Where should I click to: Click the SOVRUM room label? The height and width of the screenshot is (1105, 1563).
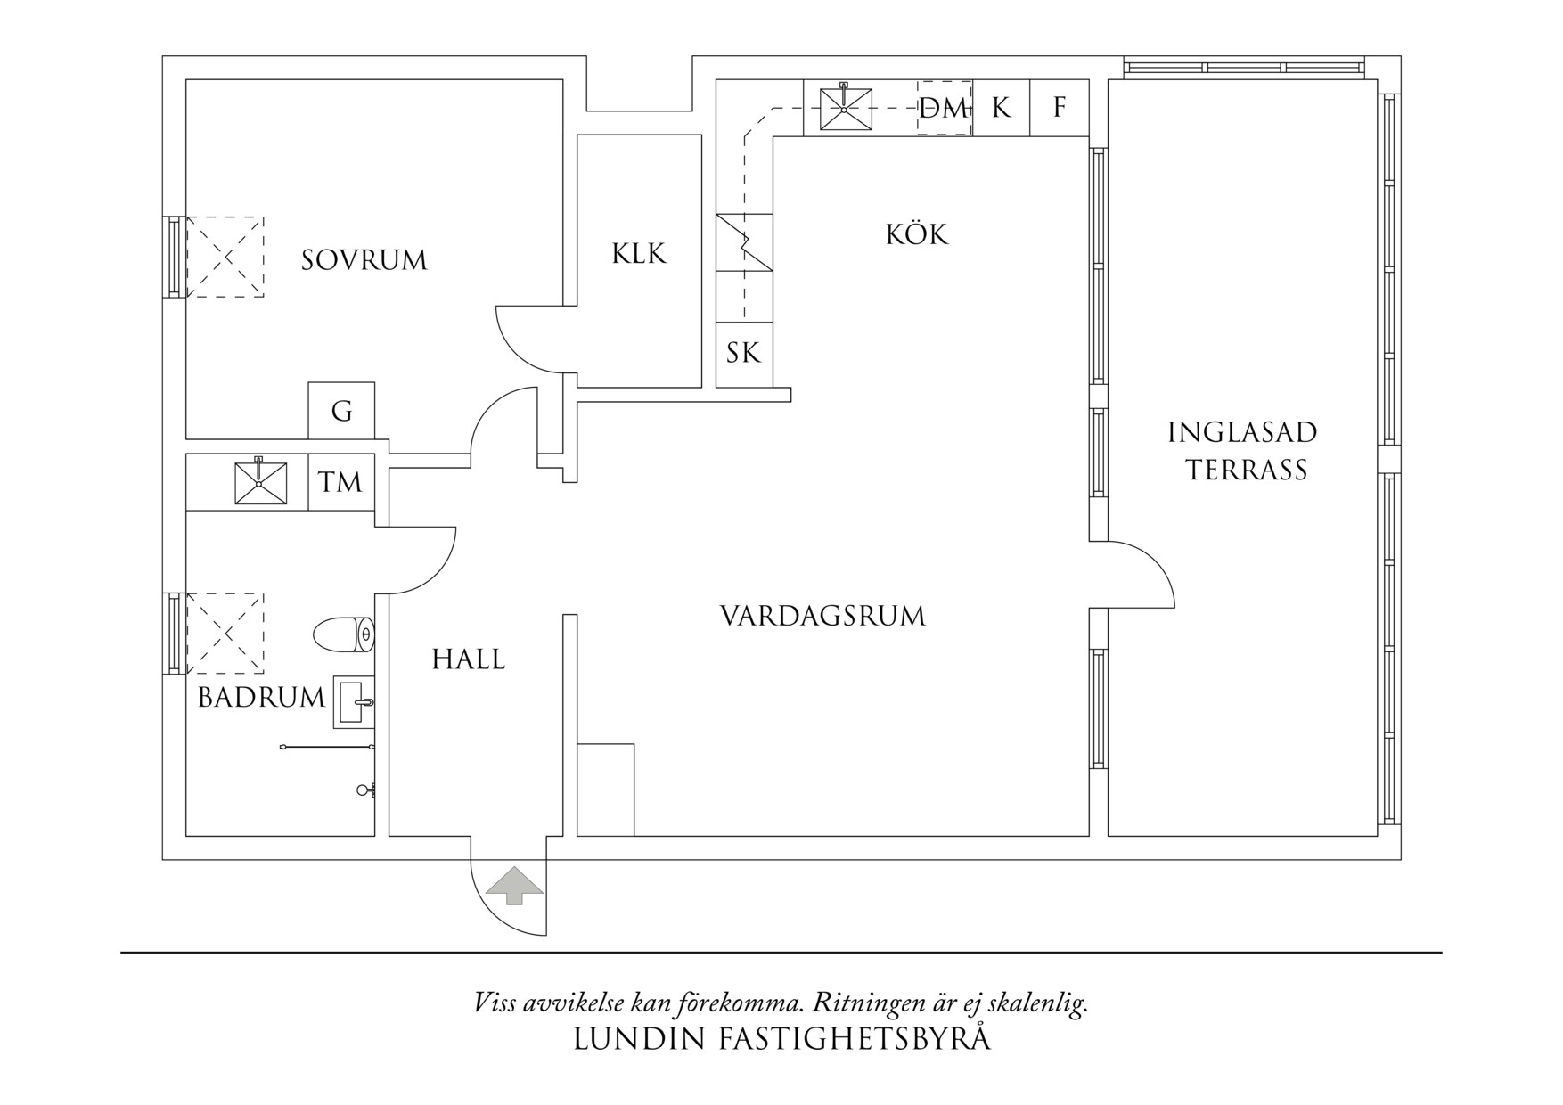[x=364, y=260]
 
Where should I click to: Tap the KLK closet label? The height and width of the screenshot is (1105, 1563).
[x=639, y=254]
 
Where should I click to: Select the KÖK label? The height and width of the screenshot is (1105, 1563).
[x=917, y=234]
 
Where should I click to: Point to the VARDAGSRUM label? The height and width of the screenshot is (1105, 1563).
[x=822, y=616]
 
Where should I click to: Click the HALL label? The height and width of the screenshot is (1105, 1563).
[x=468, y=659]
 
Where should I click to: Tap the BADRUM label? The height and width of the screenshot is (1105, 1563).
[x=261, y=697]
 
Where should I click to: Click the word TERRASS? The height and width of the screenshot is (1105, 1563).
[x=1245, y=470]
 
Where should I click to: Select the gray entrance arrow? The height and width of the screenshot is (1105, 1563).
[x=513, y=885]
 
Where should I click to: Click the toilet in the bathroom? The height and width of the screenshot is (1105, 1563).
[x=343, y=634]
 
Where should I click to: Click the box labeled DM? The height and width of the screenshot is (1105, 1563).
[x=944, y=109]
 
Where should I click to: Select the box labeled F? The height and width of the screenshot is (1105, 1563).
[x=1060, y=108]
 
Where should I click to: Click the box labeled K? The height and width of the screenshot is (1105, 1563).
[x=1001, y=108]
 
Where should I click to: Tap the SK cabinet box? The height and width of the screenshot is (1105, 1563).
[x=743, y=353]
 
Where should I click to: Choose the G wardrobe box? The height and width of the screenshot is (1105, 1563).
[x=341, y=411]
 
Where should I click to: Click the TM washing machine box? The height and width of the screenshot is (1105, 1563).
[x=340, y=482]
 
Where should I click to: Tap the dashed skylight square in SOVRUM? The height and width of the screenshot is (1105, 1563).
[x=225, y=257]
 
